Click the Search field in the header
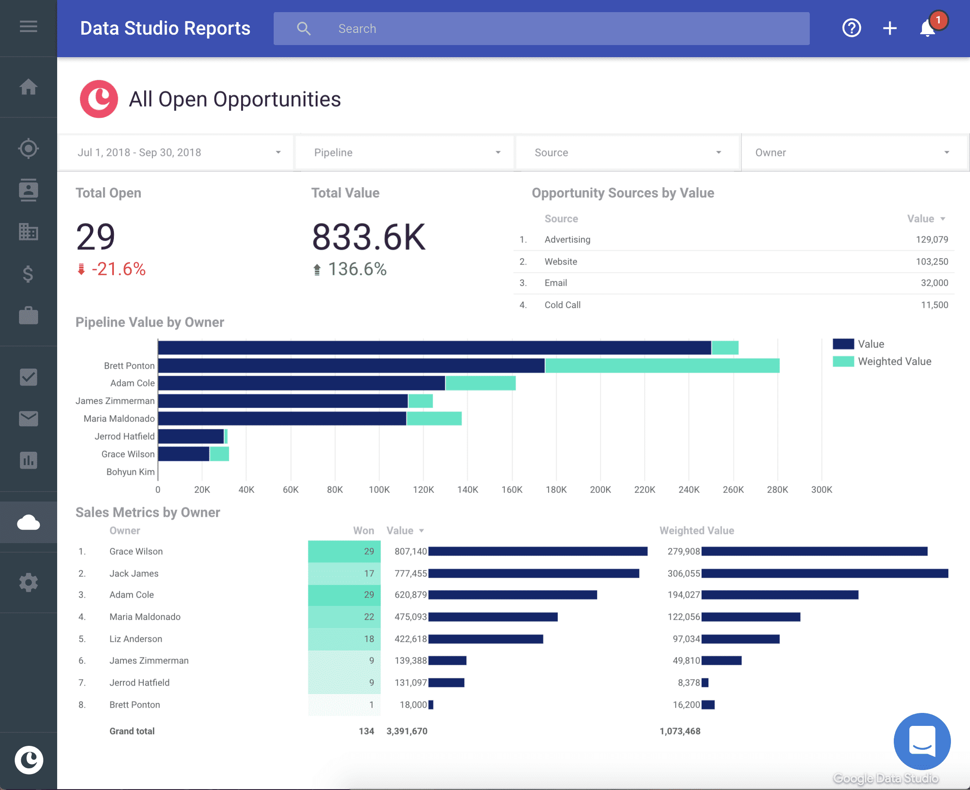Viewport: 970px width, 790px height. click(x=541, y=29)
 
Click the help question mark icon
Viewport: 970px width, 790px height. click(x=851, y=28)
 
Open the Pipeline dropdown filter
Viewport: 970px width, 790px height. click(x=405, y=152)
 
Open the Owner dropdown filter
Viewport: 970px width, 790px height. click(x=853, y=152)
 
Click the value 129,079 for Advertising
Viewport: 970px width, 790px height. click(x=931, y=240)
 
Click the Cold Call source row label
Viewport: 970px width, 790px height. click(x=563, y=305)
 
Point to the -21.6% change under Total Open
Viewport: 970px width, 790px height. click(x=118, y=269)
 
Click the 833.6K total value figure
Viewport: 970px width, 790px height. click(x=369, y=237)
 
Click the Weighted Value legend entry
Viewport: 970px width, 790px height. click(x=894, y=361)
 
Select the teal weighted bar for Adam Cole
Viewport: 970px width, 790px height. click(x=480, y=383)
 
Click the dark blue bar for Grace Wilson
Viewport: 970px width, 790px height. click(x=183, y=454)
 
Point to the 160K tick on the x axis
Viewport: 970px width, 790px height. click(x=512, y=490)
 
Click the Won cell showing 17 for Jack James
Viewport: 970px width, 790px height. click(x=344, y=573)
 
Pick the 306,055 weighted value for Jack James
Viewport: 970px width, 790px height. click(x=683, y=573)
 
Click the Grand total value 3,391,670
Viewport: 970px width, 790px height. click(x=407, y=731)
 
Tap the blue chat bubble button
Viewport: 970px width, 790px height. click(x=922, y=741)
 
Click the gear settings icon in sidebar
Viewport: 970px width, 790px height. click(x=28, y=583)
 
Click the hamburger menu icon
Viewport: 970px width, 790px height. click(x=28, y=26)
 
